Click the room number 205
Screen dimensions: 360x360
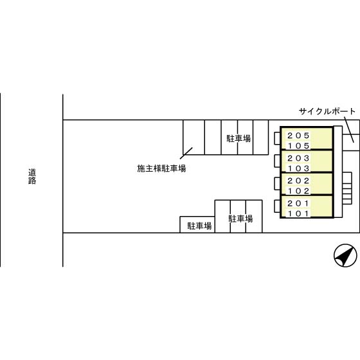click(298, 136)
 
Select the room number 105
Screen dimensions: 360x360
click(298, 145)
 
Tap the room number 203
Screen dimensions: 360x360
click(298, 158)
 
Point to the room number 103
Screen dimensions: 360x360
click(298, 168)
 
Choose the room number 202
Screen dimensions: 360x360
click(298, 181)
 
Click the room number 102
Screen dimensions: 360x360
click(298, 191)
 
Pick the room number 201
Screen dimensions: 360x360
click(298, 203)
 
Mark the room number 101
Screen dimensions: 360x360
click(298, 213)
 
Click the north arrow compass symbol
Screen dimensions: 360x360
click(345, 255)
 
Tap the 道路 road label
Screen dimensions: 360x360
click(32, 176)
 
